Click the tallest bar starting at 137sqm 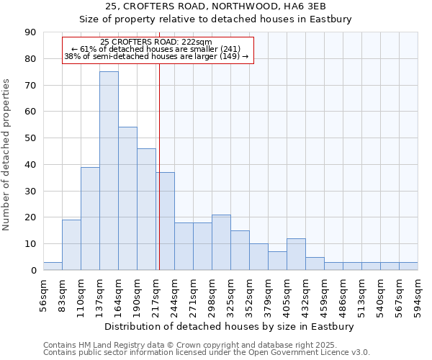109,171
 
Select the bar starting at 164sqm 127,199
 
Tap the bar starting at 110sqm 90,218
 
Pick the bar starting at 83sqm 71,245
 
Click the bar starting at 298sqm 221,243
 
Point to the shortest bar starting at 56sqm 53,266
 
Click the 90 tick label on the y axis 31,32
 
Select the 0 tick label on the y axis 34,271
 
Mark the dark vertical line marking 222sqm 159,180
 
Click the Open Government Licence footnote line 207,352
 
